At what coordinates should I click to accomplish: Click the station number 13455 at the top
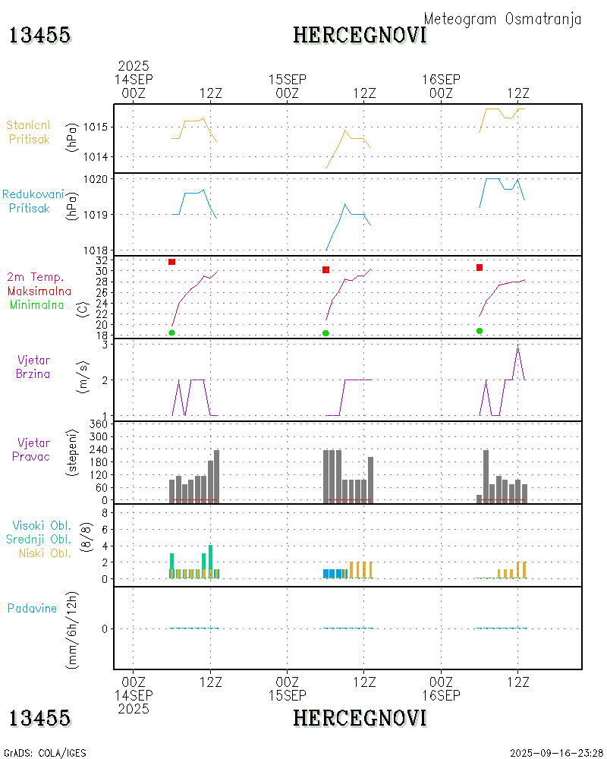pos(40,35)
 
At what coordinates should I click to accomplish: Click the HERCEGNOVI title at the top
pos(360,35)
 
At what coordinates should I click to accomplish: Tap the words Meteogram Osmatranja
pos(502,19)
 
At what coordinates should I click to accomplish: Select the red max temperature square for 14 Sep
pos(172,262)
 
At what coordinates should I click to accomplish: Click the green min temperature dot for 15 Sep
pos(326,333)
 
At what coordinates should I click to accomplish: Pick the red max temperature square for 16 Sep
pos(480,267)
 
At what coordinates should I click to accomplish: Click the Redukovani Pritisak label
pos(33,201)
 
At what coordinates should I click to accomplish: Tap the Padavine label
pos(32,608)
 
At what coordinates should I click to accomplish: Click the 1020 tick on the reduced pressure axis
pos(97,179)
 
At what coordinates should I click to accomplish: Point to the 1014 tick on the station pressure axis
pos(97,157)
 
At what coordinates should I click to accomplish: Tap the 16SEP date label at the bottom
pos(441,695)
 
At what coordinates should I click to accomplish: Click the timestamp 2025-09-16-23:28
pos(557,753)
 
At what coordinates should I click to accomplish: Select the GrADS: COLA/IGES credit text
pos(45,753)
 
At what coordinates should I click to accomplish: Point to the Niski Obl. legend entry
pos(42,553)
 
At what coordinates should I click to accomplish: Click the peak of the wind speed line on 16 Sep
pos(517,345)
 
